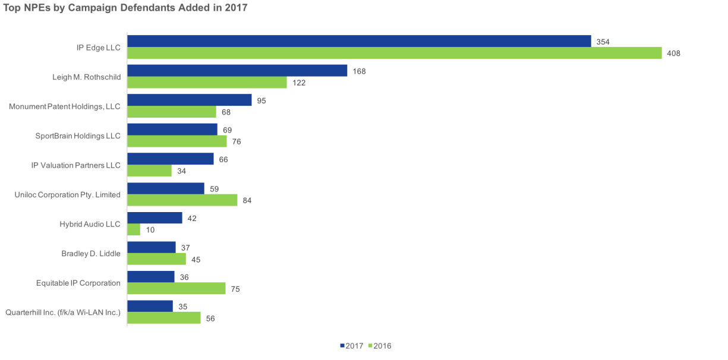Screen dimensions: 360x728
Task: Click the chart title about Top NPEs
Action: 125,8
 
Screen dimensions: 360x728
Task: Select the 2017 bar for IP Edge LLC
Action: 359,41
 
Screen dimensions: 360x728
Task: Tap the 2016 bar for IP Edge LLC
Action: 394,53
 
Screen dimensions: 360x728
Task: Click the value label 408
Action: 673,53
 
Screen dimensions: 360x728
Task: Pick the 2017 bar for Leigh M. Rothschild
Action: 237,71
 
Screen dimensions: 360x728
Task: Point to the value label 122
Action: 298,83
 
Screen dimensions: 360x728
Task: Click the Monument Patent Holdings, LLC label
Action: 65,106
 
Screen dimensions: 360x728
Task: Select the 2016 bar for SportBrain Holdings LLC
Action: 177,141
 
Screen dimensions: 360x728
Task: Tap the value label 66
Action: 223,159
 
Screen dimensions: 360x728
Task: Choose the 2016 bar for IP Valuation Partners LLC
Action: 150,171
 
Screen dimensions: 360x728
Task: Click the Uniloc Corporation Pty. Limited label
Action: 67,194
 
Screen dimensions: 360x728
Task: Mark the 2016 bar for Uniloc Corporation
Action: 182,200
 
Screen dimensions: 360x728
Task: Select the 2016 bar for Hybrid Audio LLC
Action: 134,230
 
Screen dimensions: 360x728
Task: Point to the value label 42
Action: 191,218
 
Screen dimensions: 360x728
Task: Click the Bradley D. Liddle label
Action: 91,254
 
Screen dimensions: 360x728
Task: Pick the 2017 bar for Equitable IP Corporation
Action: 151,277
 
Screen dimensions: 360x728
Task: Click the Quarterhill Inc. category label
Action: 63,312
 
